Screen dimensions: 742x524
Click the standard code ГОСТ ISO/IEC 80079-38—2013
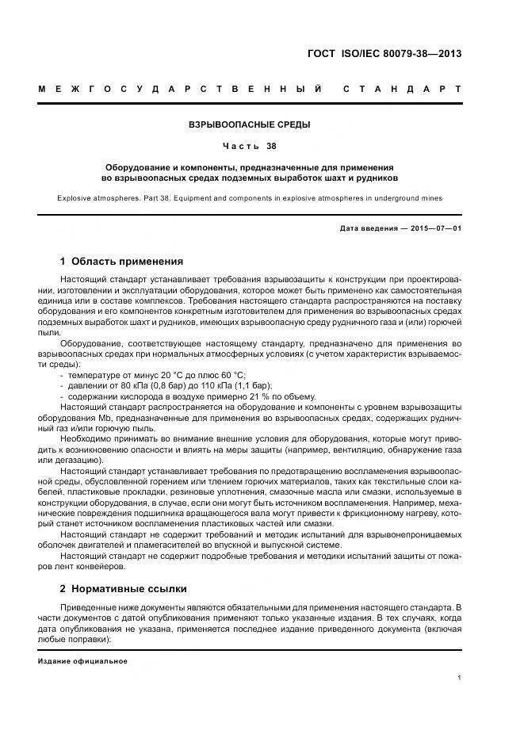[384, 54]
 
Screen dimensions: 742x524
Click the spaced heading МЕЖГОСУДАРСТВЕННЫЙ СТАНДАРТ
[250, 88]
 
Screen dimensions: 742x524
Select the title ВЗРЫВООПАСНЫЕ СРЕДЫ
[249, 125]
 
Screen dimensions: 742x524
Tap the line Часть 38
[249, 147]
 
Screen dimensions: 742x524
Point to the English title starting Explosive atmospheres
[249, 197]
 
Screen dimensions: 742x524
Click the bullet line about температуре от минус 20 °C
[157, 374]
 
